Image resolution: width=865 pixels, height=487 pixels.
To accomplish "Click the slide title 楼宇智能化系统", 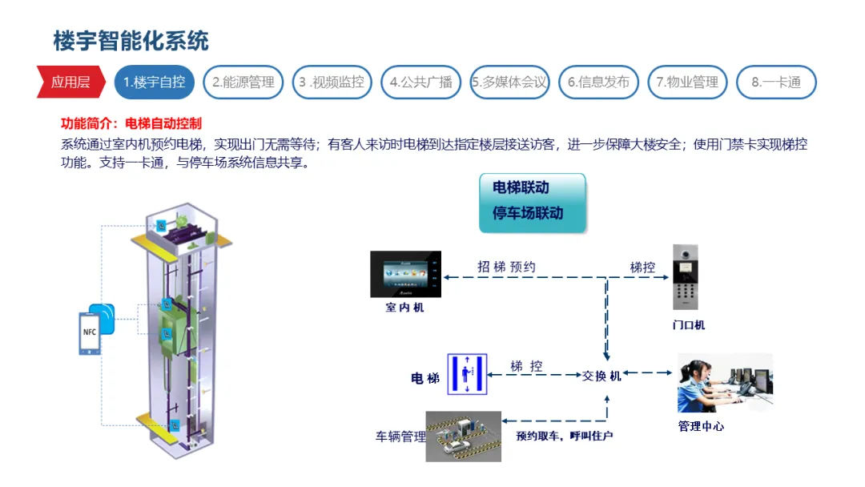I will pyautogui.click(x=131, y=41).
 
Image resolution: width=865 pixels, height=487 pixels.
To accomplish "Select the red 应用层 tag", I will pyautogui.click(x=70, y=82).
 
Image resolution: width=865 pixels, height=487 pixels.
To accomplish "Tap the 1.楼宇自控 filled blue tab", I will pyautogui.click(x=154, y=82).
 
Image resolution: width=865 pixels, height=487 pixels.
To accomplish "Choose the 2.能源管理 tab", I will pyautogui.click(x=243, y=82).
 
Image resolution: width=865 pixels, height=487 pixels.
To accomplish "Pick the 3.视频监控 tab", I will pyautogui.click(x=332, y=82).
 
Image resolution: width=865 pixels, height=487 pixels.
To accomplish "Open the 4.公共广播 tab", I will pyautogui.click(x=420, y=82).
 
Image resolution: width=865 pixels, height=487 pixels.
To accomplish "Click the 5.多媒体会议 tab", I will pyautogui.click(x=509, y=82).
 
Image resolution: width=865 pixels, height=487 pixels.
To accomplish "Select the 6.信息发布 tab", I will pyautogui.click(x=598, y=82).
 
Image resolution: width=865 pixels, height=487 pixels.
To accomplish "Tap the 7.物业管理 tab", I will pyautogui.click(x=687, y=82).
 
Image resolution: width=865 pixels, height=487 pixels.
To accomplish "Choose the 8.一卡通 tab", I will pyautogui.click(x=775, y=82).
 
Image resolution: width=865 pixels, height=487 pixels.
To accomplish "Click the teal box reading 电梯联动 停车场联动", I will pyautogui.click(x=532, y=203).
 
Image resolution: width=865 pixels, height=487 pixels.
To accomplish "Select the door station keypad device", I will pyautogui.click(x=685, y=277).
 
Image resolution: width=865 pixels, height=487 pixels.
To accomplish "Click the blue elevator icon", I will pyautogui.click(x=467, y=373).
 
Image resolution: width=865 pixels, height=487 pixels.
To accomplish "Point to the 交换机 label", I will pyautogui.click(x=601, y=375).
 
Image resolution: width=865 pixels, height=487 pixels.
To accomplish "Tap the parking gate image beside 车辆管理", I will pyautogui.click(x=464, y=436).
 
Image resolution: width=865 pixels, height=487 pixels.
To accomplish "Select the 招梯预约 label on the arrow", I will pyautogui.click(x=506, y=268).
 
